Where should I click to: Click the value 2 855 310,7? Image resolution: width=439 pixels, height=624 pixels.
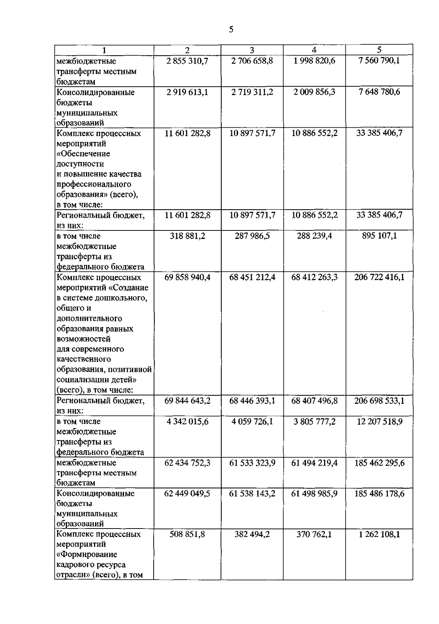click(x=187, y=61)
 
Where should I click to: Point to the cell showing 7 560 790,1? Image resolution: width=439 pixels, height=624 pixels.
click(x=379, y=60)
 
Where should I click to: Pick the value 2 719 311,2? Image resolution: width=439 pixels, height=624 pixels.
click(x=252, y=92)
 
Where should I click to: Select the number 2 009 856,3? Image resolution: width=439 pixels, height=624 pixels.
click(x=314, y=92)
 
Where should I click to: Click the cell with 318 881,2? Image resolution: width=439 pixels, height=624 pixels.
click(x=187, y=236)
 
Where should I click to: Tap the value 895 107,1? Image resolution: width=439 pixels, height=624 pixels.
click(x=379, y=236)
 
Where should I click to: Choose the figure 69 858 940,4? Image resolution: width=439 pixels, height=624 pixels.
click(x=187, y=277)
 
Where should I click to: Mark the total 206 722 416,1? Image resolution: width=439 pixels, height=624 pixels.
click(x=379, y=277)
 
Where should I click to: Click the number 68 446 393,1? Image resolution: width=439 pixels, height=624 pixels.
click(x=252, y=401)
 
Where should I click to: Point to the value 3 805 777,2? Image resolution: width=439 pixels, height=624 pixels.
click(x=314, y=422)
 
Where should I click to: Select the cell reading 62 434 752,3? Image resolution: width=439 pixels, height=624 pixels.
click(x=187, y=463)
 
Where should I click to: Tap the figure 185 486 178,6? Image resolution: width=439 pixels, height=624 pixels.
click(x=379, y=494)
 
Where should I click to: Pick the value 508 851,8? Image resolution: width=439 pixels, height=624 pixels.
click(x=187, y=534)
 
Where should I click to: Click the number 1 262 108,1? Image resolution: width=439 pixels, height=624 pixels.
click(x=379, y=534)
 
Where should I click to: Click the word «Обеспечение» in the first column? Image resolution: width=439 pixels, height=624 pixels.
click(x=83, y=154)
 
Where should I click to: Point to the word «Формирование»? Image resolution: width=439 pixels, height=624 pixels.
click(x=87, y=555)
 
